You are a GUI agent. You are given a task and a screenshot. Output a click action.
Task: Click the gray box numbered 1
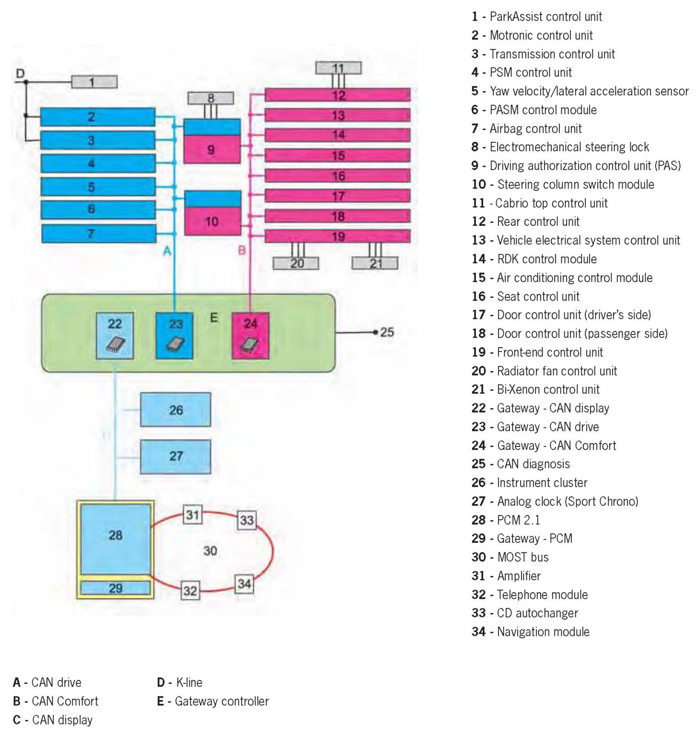[x=94, y=82]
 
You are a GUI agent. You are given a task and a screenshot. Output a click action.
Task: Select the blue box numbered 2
[x=98, y=117]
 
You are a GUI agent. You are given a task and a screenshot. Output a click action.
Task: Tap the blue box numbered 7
[x=99, y=234]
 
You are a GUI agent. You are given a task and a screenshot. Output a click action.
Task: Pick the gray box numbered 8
[x=210, y=98]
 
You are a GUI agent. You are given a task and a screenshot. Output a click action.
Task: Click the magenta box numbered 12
[x=337, y=95]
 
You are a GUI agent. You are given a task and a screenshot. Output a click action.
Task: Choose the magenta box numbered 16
[x=337, y=176]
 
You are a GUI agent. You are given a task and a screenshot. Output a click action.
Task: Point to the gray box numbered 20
[x=296, y=263]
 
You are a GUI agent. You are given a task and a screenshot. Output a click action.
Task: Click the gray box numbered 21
[x=375, y=263]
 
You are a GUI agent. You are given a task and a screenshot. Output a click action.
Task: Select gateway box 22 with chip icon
[x=115, y=335]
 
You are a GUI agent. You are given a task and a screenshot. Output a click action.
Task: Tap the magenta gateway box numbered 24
[x=250, y=335]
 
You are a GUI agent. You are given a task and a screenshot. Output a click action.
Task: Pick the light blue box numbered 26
[x=175, y=410]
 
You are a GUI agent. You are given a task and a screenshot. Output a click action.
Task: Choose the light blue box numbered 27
[x=175, y=456]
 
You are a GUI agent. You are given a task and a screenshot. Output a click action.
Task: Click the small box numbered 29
[x=115, y=588]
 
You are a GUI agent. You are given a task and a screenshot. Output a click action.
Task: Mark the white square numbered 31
[x=192, y=515]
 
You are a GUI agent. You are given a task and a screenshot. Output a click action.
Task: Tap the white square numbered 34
[x=244, y=584]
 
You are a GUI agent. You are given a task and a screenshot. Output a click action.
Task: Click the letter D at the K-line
[x=20, y=73]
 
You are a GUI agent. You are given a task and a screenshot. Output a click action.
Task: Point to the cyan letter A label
[x=167, y=251]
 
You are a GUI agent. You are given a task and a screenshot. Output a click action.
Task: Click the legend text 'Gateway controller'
[x=221, y=701]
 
